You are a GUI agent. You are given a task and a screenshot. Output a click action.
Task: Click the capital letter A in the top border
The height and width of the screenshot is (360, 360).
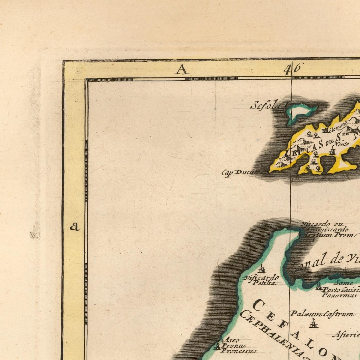[181, 69]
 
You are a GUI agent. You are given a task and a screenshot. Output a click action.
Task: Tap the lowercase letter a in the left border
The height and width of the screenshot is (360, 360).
[75, 226]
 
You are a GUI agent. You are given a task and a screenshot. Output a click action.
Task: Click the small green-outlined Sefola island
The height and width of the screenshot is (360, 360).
[300, 112]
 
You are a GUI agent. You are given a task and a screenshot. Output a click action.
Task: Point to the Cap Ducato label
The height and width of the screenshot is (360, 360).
[240, 172]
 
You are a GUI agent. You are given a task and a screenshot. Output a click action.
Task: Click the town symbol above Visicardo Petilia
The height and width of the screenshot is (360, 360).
[261, 270]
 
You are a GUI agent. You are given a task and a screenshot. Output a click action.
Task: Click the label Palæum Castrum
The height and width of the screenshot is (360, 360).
[322, 314]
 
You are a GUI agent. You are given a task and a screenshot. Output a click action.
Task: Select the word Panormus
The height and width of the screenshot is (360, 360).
[339, 296]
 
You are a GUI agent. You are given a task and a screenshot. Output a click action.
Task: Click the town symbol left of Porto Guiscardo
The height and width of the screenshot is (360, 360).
[318, 286]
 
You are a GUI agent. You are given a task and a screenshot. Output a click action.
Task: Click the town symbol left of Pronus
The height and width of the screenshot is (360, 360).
[217, 345]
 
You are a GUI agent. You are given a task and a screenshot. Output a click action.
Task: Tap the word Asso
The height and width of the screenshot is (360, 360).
[231, 340]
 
